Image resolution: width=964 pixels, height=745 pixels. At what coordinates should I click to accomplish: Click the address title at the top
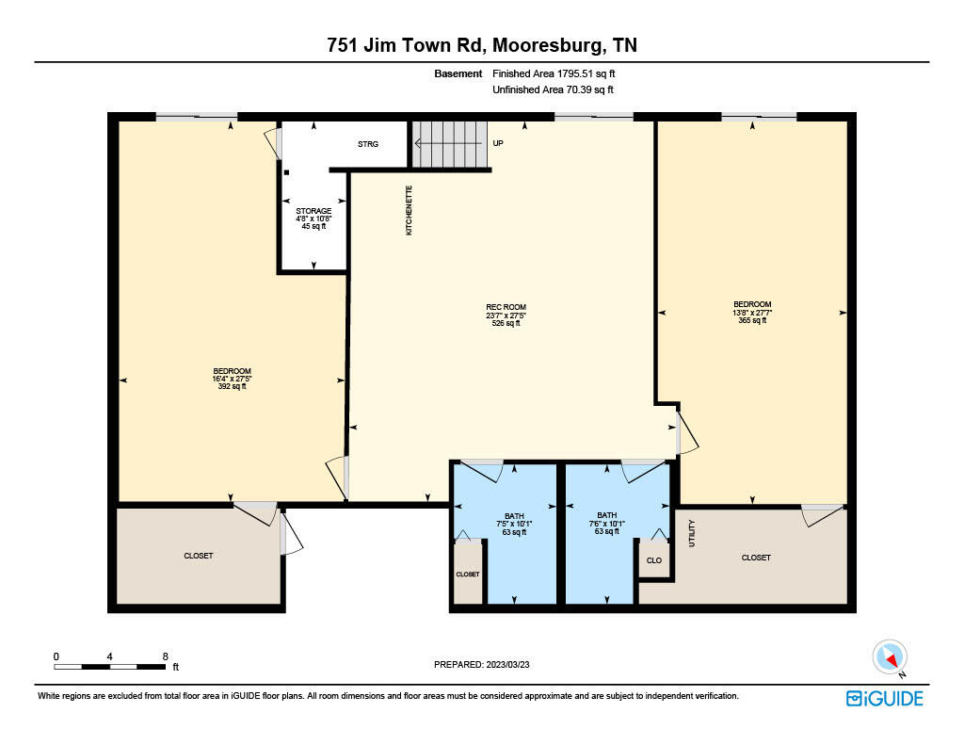[x=482, y=45]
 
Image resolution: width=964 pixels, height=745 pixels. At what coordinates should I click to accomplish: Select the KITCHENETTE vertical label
[x=409, y=209]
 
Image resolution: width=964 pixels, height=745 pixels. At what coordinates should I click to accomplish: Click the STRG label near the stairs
[x=367, y=144]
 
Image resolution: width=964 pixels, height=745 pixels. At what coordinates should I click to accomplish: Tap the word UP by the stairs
[x=499, y=144]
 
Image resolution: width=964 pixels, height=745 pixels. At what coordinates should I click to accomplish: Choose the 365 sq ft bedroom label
[x=752, y=312]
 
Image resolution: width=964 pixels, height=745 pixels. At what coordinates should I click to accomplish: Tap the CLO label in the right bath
[x=653, y=559]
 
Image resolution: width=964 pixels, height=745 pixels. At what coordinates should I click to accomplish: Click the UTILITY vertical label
[x=692, y=534]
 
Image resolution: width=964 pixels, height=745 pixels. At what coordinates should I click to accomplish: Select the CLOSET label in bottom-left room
[x=199, y=556]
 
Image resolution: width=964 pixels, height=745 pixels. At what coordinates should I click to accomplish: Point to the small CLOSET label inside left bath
[x=468, y=574]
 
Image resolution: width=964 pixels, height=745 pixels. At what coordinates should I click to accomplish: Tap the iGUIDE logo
[x=884, y=698]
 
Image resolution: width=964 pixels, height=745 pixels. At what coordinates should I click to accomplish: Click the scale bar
[x=109, y=667]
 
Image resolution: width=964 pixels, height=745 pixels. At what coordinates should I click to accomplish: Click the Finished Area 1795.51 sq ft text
[x=554, y=73]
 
